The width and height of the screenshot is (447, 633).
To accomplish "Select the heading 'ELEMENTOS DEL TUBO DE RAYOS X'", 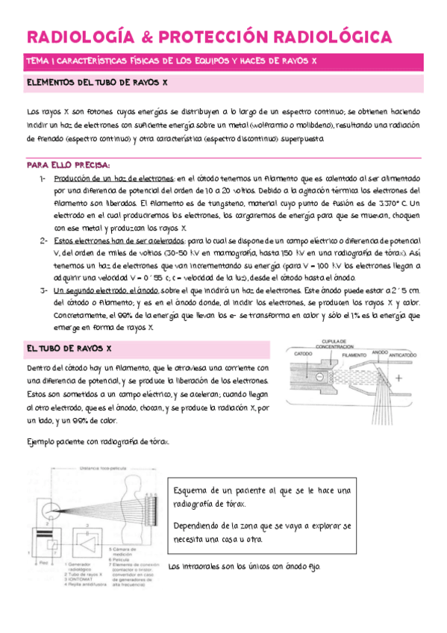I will tap(97, 83).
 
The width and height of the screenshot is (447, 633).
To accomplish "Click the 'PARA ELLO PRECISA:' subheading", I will tap(68, 164).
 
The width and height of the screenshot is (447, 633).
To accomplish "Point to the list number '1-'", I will tap(44, 179).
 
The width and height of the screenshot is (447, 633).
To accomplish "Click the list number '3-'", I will tap(44, 290).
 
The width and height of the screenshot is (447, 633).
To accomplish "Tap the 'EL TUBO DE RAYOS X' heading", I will tap(69, 349).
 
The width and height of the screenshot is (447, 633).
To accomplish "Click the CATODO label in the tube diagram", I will tap(303, 353).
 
